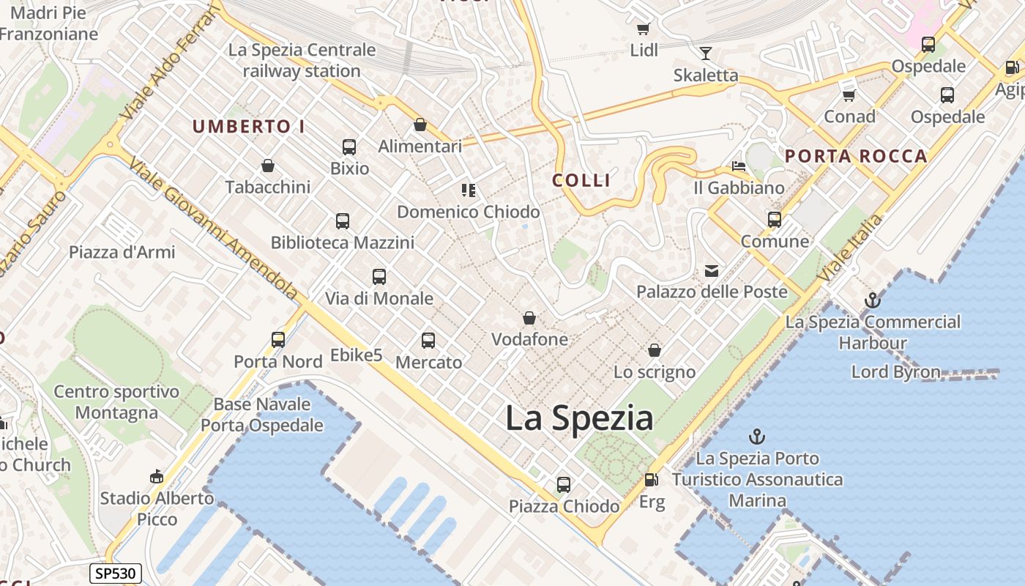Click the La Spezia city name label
[579, 418]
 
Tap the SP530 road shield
[115, 573]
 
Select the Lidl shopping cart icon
[643, 29]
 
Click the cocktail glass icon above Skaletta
[705, 53]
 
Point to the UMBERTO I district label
[248, 126]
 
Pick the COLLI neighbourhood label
[581, 180]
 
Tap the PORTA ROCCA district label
[856, 156]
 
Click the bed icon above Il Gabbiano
[739, 166]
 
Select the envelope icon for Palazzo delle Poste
[711, 271]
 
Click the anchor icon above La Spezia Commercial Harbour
[872, 300]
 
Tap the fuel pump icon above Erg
[651, 480]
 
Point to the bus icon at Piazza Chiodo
[563, 485]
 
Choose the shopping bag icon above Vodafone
[529, 318]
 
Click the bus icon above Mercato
[428, 341]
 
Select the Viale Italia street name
[851, 248]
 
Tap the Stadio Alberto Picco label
[157, 508]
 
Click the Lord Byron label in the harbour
[895, 371]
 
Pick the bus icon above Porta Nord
[278, 340]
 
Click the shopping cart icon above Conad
[849, 95]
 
